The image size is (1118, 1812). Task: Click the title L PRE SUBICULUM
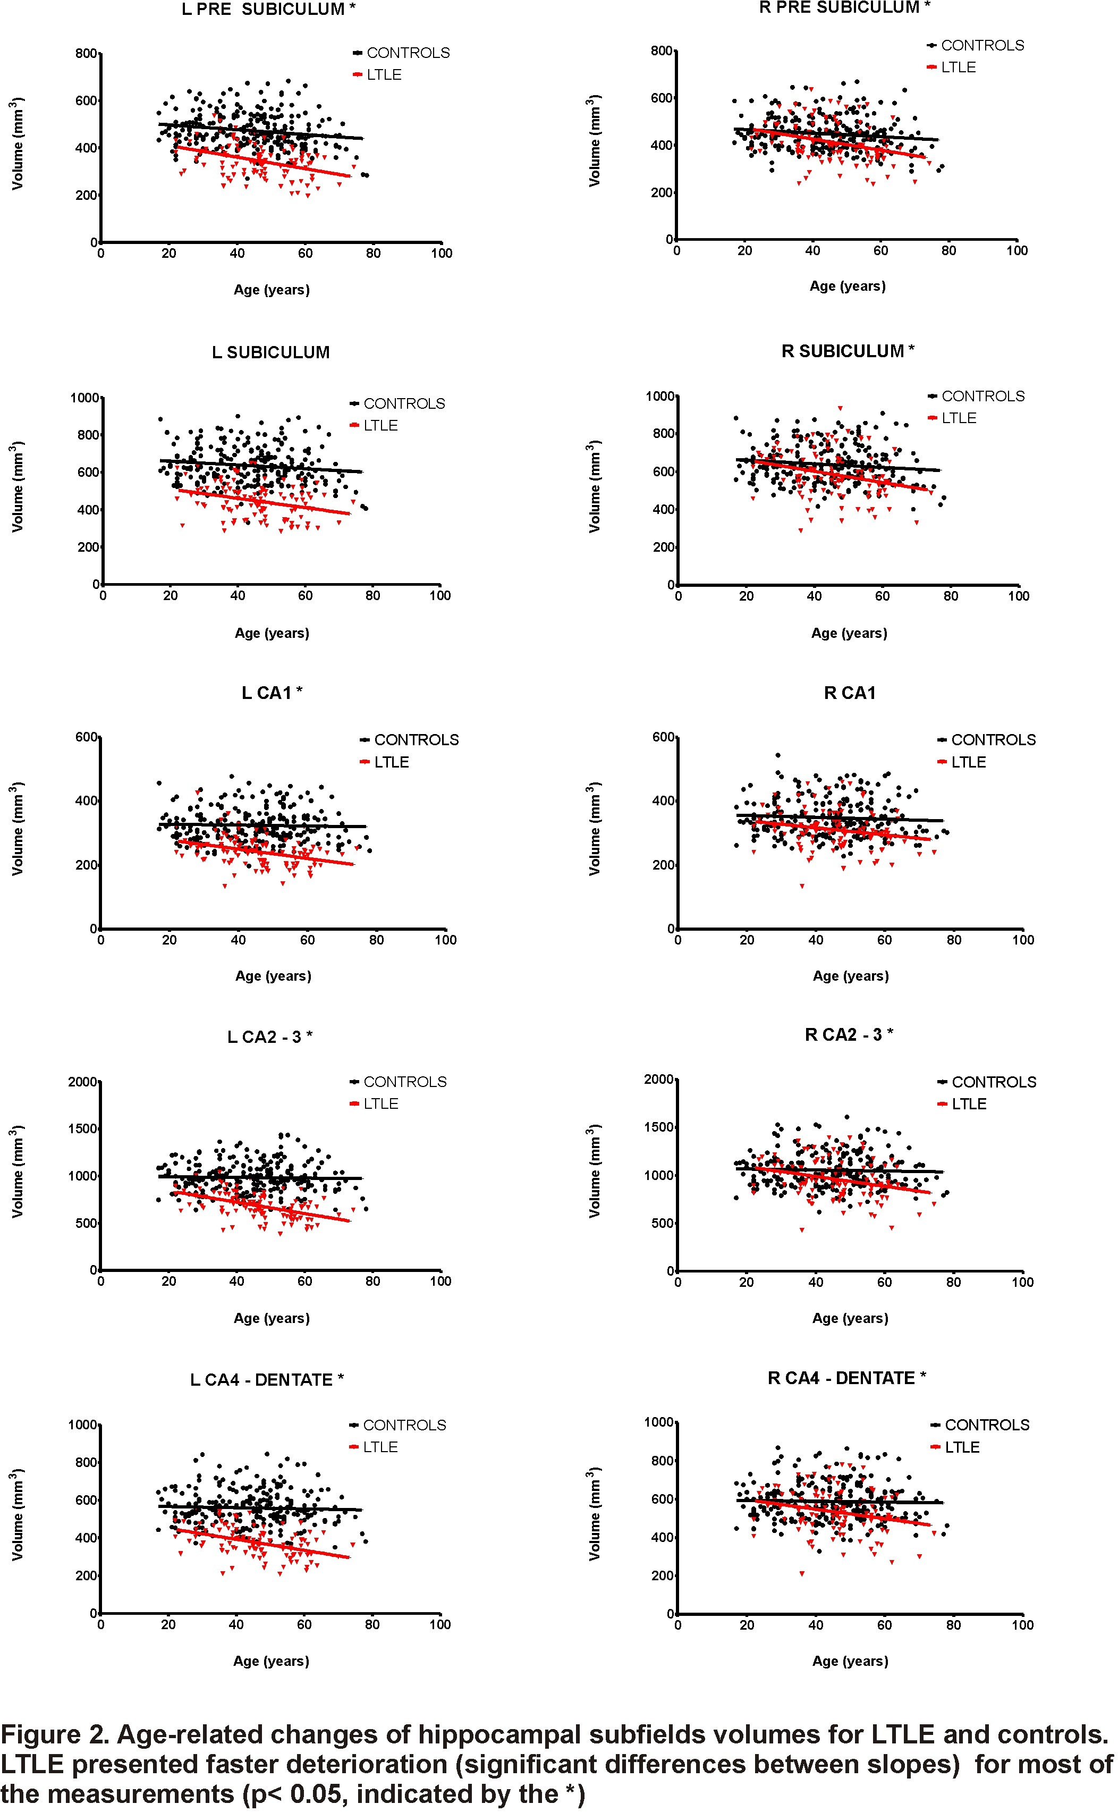point(268,10)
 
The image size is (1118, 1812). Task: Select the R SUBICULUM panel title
point(848,351)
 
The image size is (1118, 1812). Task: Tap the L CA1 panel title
point(272,693)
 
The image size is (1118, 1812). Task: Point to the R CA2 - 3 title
point(848,1035)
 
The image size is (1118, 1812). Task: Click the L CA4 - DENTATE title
point(266,1379)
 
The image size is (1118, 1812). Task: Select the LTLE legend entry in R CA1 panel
point(968,762)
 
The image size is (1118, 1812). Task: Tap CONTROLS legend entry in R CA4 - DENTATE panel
point(986,1425)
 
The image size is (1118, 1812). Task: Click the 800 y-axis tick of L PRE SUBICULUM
point(86,53)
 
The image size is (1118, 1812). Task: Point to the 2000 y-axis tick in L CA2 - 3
point(83,1082)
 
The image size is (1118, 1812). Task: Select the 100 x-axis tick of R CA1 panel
point(1022,940)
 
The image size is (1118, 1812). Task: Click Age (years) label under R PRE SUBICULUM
point(848,286)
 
